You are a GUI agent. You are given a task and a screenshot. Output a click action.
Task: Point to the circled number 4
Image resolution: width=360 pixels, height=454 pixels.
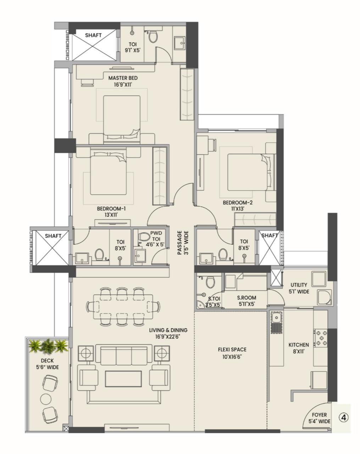pyautogui.click(x=343, y=417)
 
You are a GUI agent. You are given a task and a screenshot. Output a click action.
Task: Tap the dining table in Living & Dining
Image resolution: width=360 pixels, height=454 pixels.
pyautogui.click(x=123, y=306)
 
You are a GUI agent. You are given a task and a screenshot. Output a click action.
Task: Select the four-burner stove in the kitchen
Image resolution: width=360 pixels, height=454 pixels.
pyautogui.click(x=321, y=338)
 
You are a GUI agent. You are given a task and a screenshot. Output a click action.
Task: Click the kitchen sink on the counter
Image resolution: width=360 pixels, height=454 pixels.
pyautogui.click(x=275, y=317)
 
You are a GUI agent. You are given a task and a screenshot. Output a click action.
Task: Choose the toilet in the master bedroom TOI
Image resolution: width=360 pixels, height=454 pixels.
pyautogui.click(x=153, y=37)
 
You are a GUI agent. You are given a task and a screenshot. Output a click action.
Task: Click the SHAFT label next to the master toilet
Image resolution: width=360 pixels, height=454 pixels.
pyautogui.click(x=93, y=35)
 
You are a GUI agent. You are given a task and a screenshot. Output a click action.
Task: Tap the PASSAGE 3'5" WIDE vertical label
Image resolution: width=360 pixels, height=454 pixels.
pyautogui.click(x=182, y=243)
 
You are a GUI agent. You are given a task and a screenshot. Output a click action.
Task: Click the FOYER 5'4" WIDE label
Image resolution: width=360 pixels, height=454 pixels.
pyautogui.click(x=319, y=418)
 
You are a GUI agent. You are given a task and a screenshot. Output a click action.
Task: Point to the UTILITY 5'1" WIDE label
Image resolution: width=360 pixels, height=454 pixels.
pyautogui.click(x=300, y=288)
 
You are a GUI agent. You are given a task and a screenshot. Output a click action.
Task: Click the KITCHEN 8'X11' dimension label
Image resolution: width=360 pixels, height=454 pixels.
pyautogui.click(x=298, y=348)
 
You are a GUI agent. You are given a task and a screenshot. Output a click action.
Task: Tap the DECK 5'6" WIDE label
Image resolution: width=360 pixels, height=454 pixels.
pyautogui.click(x=45, y=364)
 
